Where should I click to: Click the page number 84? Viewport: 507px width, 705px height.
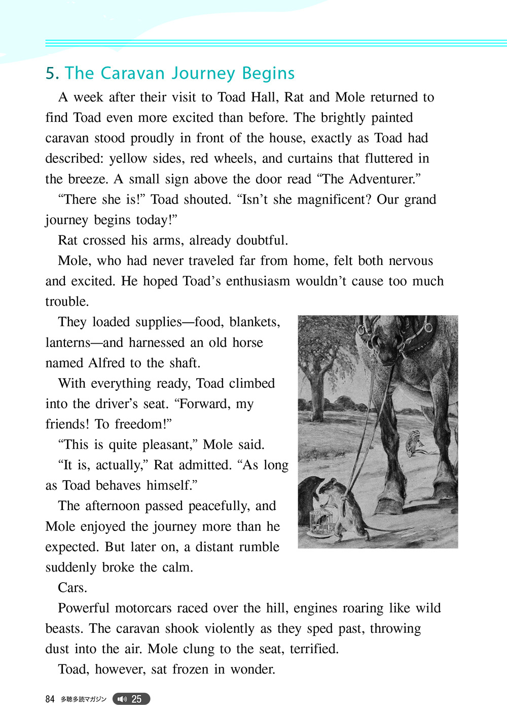50,699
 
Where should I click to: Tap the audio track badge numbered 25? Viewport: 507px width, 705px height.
131,699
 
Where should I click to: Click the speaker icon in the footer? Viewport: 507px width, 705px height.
122,699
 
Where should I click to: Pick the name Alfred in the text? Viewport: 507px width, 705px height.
106,363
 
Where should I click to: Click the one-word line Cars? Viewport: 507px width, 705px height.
73,588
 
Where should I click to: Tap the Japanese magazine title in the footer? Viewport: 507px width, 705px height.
83,699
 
